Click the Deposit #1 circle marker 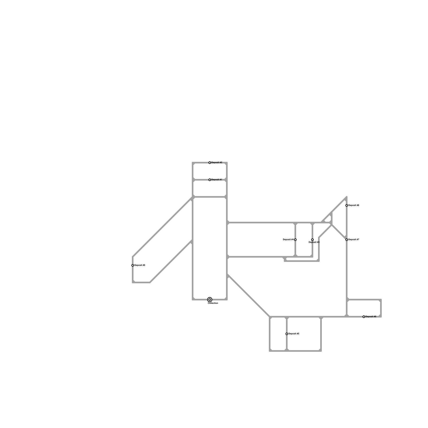(210, 180)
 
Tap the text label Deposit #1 (217, 180)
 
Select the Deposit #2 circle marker (210, 163)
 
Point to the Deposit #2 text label (217, 163)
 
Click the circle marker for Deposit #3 (312, 240)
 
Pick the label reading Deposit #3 (314, 242)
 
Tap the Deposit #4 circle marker (295, 240)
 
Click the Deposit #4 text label (288, 240)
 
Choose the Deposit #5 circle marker (287, 334)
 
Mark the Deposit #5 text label (294, 334)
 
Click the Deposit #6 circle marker (364, 317)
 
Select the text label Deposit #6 (371, 317)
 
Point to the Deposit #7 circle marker (347, 240)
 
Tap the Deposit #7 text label (354, 240)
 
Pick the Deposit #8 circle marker (347, 205)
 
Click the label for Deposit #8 (354, 205)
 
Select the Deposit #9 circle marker (133, 265)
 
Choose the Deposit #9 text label (140, 265)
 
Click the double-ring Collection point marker (210, 300)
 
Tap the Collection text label (213, 303)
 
